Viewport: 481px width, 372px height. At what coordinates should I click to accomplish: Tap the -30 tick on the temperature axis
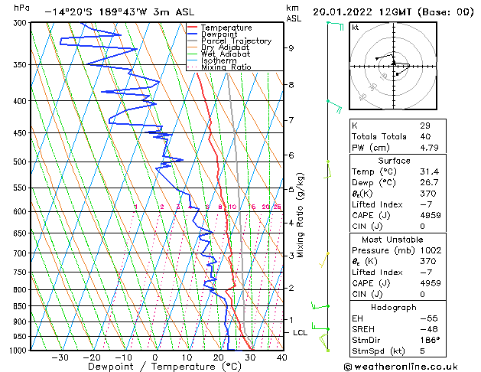point(60,357)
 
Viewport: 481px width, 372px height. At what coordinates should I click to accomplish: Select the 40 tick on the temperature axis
point(281,357)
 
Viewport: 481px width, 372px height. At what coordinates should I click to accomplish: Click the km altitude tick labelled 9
point(291,47)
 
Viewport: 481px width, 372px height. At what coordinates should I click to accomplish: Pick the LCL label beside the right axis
point(301,333)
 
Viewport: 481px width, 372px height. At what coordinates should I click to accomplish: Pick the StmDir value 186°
point(430,340)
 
